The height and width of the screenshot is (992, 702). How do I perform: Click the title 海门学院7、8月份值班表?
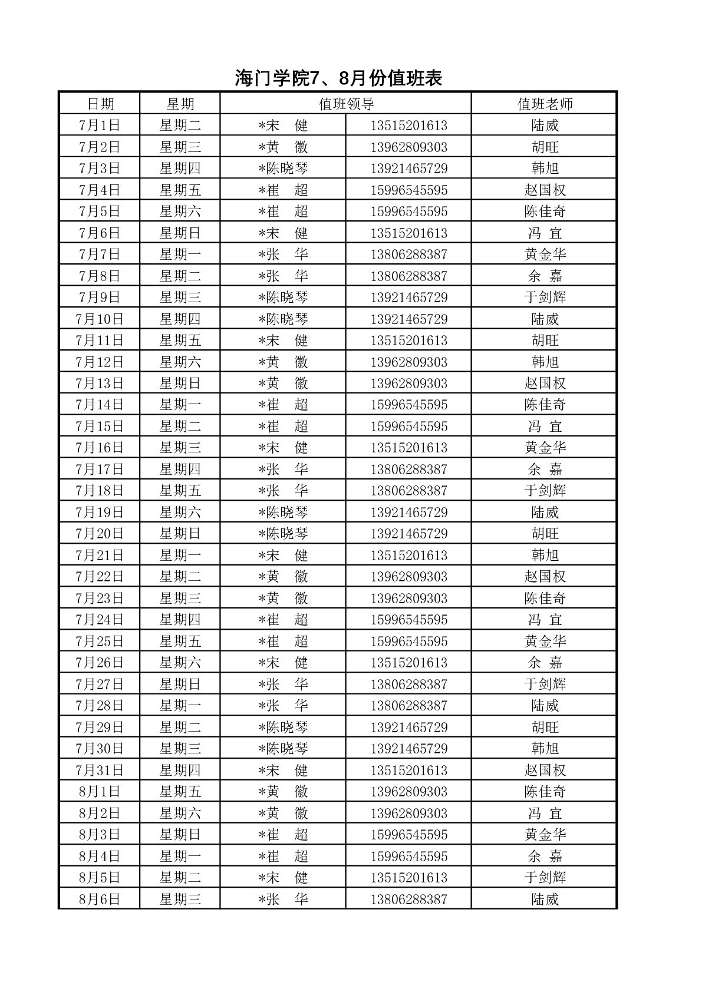(x=338, y=78)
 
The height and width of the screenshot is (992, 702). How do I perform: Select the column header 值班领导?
(x=346, y=104)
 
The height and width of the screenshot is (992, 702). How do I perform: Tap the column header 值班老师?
(x=545, y=104)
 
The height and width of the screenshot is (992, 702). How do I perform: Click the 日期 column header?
(x=100, y=104)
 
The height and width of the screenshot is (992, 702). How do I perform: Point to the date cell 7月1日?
(x=100, y=125)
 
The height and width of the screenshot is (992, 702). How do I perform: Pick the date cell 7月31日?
(x=100, y=771)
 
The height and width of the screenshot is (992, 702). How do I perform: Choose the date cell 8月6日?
(x=100, y=900)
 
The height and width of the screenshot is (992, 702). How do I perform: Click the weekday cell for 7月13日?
(x=180, y=383)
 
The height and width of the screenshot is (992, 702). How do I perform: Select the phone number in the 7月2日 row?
(x=408, y=147)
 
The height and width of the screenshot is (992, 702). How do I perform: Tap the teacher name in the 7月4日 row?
(x=545, y=190)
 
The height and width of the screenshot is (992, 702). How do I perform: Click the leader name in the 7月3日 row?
(x=283, y=168)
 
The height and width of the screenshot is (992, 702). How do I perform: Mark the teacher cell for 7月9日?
(x=545, y=297)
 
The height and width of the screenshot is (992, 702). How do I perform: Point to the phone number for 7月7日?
(x=408, y=254)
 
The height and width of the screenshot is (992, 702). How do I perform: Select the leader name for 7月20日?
(x=283, y=534)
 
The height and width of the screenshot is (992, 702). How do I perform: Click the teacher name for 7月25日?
(x=545, y=642)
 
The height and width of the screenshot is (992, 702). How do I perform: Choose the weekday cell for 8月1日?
(x=180, y=792)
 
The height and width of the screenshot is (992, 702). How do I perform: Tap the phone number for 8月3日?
(x=408, y=835)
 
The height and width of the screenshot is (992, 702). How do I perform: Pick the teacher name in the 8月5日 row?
(x=545, y=878)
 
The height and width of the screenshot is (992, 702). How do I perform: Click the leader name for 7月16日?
(x=283, y=448)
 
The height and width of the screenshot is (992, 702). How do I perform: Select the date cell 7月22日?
(x=100, y=577)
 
